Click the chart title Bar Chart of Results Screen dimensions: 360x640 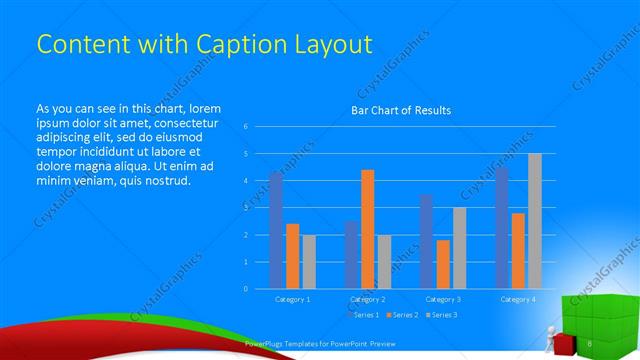click(400, 110)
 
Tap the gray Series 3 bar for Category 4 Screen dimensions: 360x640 click(535, 221)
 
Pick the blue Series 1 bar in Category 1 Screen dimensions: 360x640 click(276, 230)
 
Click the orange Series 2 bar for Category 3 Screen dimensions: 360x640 click(442, 264)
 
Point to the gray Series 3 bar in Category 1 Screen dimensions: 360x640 click(308, 261)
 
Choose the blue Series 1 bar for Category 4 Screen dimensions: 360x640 click(501, 227)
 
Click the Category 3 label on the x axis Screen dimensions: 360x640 click(443, 299)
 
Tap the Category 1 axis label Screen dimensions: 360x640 click(292, 299)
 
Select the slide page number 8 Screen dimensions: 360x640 click(591, 344)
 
